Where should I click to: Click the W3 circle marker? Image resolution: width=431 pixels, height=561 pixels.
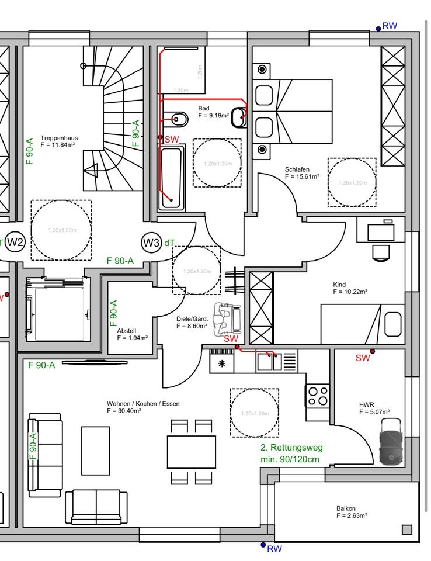click(151, 243)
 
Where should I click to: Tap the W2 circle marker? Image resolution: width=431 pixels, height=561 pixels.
click(16, 243)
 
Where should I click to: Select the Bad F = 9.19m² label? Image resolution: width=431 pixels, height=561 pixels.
click(213, 112)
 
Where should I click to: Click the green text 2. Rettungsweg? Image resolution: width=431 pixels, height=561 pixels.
click(291, 448)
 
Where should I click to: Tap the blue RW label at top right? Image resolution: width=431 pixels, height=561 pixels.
click(390, 26)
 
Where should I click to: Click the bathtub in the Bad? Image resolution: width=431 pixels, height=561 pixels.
click(172, 178)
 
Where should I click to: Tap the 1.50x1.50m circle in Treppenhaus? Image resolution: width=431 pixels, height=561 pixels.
click(61, 230)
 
